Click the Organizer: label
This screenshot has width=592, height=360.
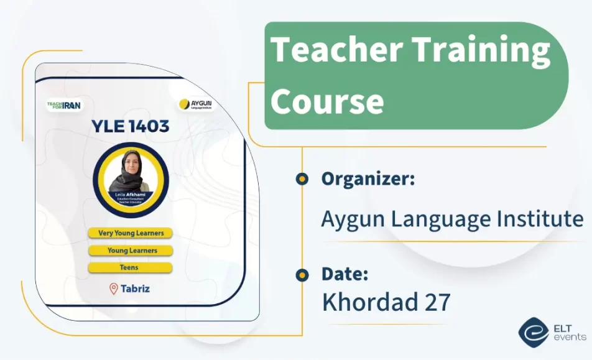(368, 179)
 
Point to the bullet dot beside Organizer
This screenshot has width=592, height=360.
(302, 179)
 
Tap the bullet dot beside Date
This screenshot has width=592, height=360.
(302, 274)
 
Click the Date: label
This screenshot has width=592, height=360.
(345, 274)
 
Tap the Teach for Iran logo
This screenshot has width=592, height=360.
(63, 105)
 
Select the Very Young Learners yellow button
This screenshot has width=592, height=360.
(130, 233)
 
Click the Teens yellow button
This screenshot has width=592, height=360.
(130, 267)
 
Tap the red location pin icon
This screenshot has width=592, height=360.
(114, 288)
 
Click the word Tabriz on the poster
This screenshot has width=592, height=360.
(136, 288)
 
